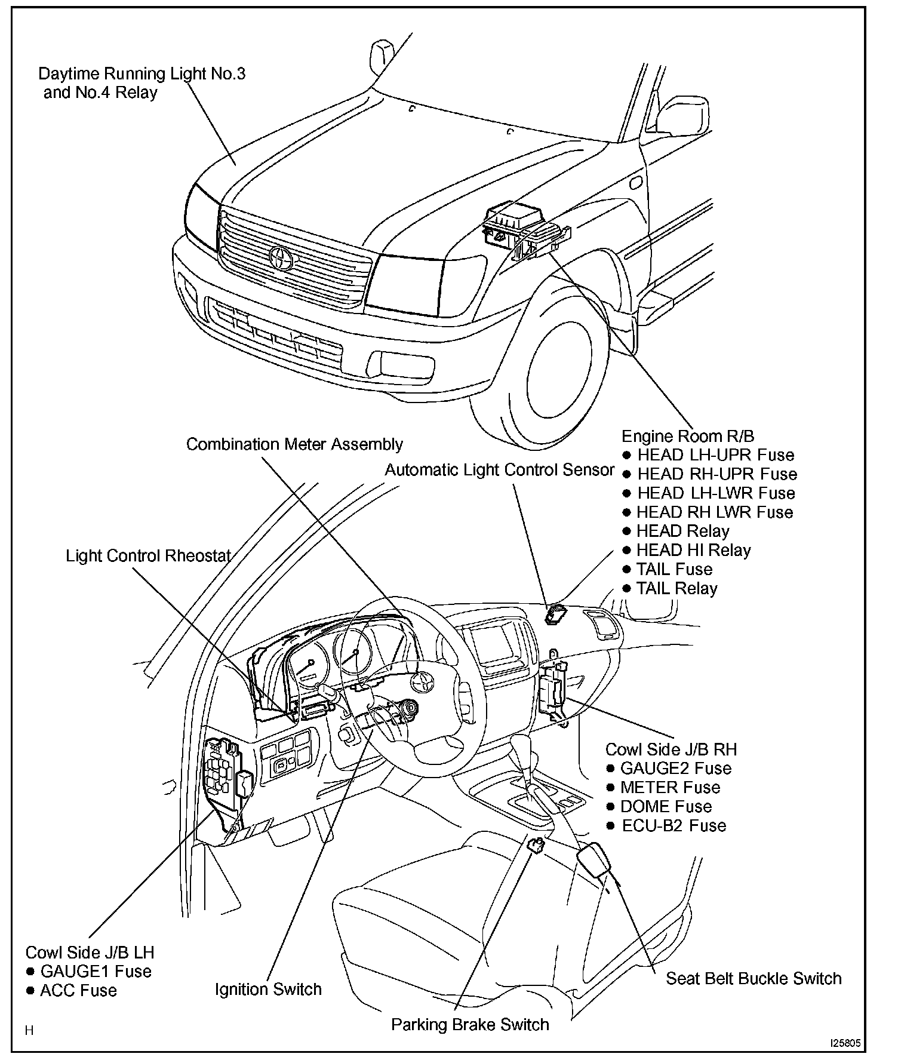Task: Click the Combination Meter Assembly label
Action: [294, 444]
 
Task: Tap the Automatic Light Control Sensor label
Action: [499, 470]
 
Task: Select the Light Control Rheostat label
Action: [148, 556]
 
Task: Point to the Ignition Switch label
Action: [268, 990]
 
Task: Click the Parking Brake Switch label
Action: [470, 1025]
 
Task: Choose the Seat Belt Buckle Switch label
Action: [754, 979]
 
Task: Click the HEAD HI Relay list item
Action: [693, 550]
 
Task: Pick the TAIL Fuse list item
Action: [674, 569]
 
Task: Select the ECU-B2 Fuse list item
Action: [673, 826]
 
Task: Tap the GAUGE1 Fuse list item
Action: [96, 972]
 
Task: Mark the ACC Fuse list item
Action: [78, 991]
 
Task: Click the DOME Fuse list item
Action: [666, 807]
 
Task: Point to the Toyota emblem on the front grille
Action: [279, 258]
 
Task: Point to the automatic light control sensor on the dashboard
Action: [556, 613]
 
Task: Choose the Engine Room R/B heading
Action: [688, 436]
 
